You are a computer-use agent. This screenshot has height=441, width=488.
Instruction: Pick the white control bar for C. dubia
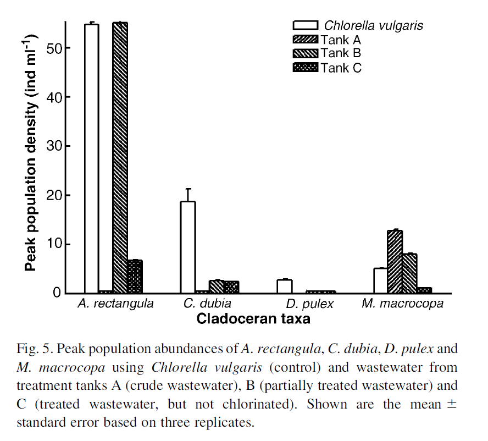coord(188,247)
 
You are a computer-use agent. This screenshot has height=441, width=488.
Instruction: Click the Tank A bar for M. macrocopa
coord(395,262)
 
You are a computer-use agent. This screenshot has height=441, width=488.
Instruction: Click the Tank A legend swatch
coord(306,40)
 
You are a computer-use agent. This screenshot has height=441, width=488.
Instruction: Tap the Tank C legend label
coord(341,68)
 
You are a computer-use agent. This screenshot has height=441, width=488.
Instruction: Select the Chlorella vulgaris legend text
coord(374,25)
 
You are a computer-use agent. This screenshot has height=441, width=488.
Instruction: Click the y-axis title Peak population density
coord(31,157)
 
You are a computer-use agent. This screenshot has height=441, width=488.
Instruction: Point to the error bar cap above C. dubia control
coord(188,189)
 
